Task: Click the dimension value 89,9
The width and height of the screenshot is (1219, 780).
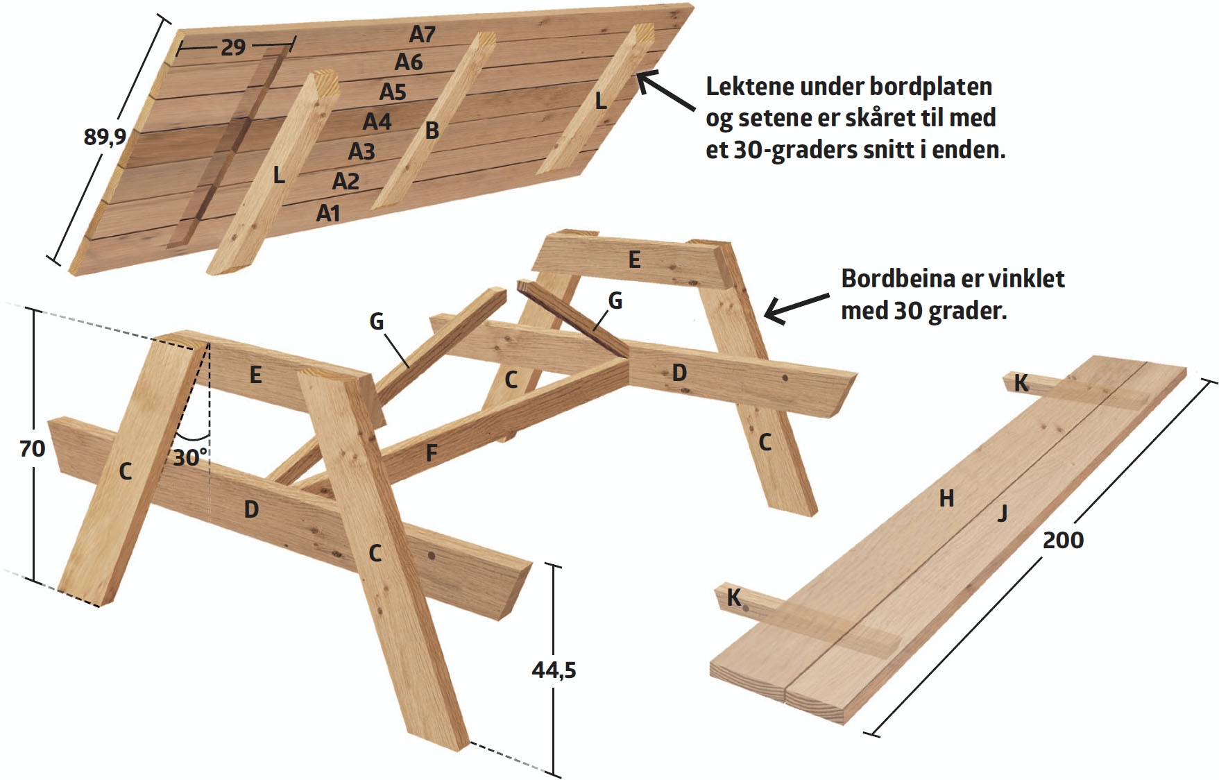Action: [105, 137]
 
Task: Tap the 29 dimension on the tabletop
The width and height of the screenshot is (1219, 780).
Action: [233, 47]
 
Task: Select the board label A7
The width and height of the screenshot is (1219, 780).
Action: [422, 34]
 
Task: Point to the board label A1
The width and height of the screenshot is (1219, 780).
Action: [328, 213]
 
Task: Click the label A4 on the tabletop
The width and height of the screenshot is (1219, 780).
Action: [377, 122]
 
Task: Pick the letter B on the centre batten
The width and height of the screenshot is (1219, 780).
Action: [432, 130]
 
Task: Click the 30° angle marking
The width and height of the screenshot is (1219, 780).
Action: [190, 457]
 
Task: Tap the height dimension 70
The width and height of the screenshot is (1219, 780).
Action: [33, 449]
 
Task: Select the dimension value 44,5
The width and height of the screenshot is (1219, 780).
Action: [554, 670]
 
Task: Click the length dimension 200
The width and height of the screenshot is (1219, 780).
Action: [1063, 540]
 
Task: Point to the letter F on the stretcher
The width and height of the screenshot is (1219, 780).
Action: [431, 454]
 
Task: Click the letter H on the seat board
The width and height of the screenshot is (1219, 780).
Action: [946, 498]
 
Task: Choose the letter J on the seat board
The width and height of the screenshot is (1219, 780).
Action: [1002, 514]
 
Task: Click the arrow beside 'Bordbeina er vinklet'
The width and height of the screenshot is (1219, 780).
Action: [795, 307]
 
